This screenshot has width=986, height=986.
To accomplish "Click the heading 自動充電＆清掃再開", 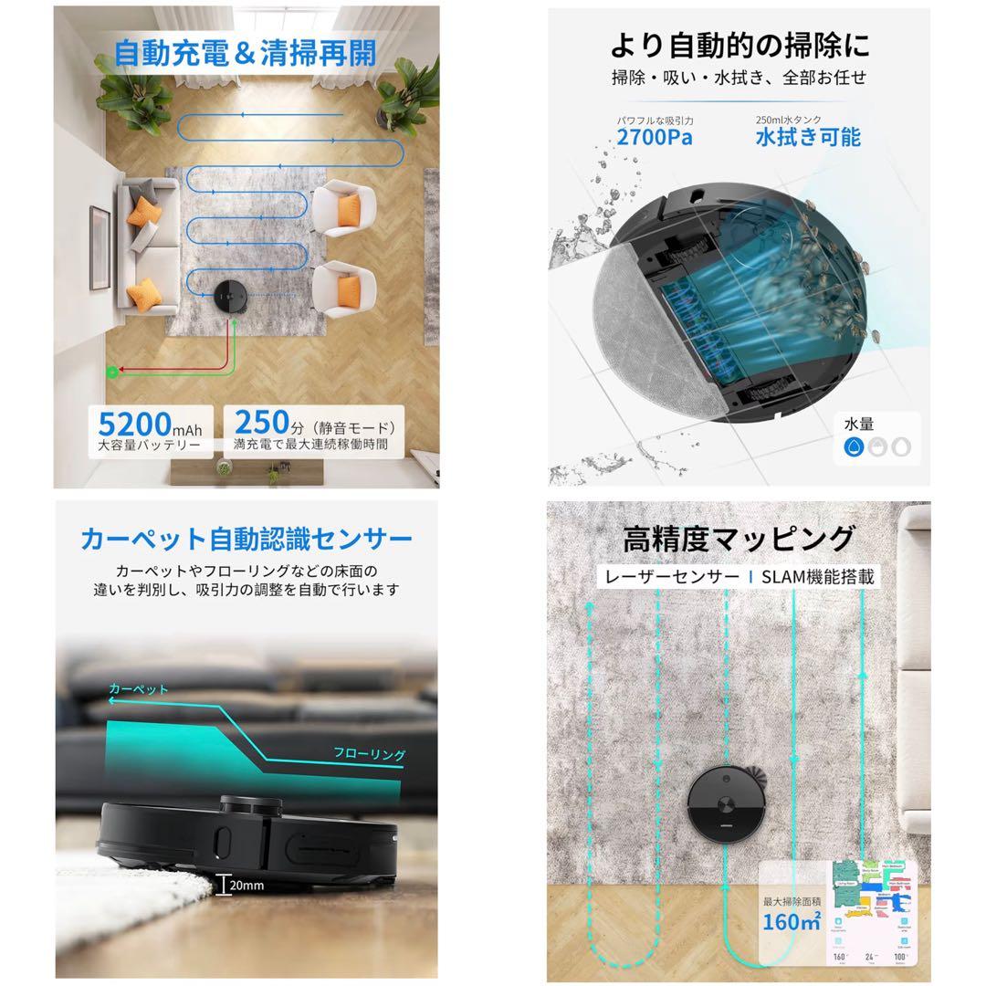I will (245, 53).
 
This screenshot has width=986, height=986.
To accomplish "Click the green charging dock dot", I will (113, 372).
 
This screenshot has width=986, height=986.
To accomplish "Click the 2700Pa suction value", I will (654, 138).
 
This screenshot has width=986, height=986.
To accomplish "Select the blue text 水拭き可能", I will (807, 138).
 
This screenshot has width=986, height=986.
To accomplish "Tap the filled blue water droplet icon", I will (855, 446).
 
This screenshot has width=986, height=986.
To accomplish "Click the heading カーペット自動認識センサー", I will (246, 538).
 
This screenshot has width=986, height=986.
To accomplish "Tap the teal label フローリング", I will (369, 754).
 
